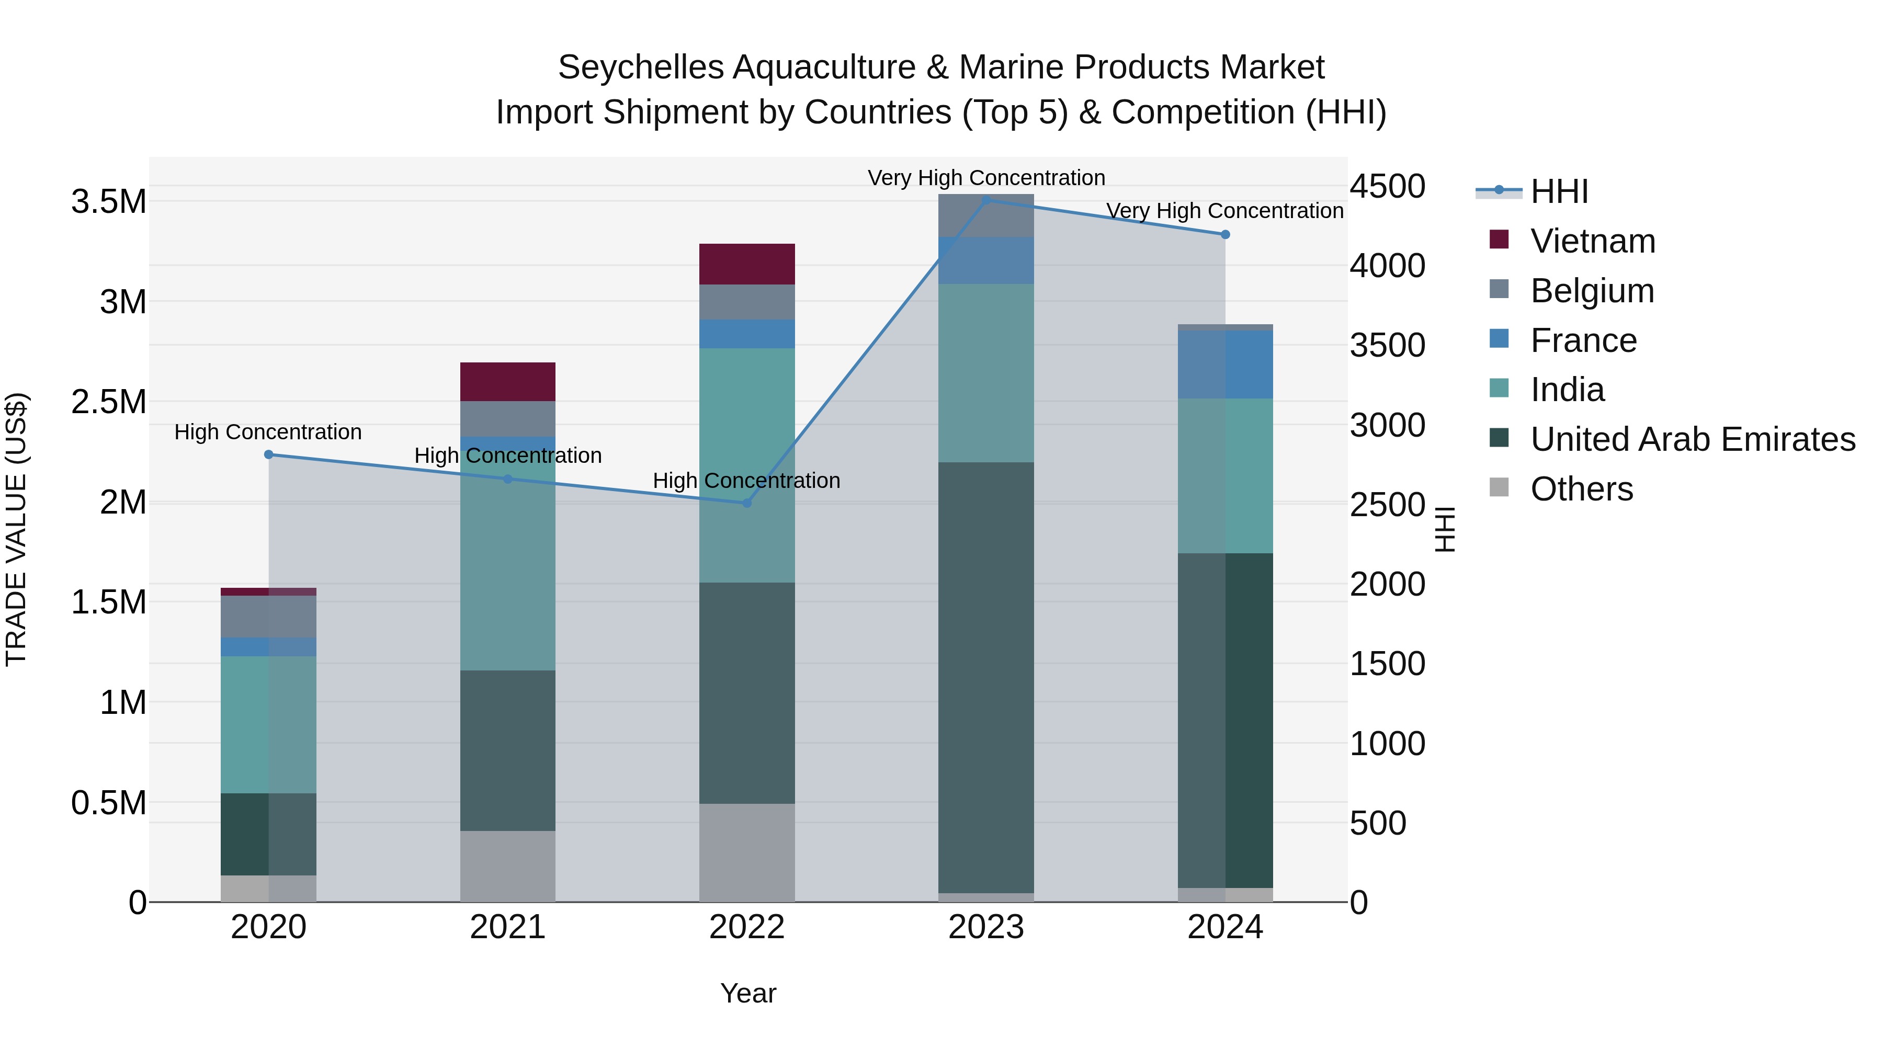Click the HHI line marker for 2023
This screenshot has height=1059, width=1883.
tap(986, 200)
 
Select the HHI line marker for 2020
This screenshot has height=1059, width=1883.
tap(268, 454)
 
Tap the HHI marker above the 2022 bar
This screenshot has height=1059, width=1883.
tap(747, 503)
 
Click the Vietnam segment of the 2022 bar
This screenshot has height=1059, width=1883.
tap(747, 264)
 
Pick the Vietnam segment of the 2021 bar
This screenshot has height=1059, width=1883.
tap(507, 382)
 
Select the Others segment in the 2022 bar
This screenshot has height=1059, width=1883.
tap(747, 852)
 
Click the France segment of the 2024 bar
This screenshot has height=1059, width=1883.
tap(1225, 364)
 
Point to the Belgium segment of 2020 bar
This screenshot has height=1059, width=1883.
tap(268, 616)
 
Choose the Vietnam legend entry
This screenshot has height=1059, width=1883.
tap(1592, 241)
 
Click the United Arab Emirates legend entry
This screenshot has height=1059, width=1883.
tap(1692, 439)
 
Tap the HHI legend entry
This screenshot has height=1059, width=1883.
tap(1559, 191)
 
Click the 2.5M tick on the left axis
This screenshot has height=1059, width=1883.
tap(109, 402)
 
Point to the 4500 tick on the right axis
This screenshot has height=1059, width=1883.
tap(1387, 186)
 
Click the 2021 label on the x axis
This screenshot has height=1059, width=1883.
tap(507, 927)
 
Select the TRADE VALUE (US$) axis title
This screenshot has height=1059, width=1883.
tap(16, 529)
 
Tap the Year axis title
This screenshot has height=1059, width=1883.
tap(748, 993)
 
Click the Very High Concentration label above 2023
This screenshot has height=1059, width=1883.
tap(986, 178)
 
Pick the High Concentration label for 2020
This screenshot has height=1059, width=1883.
tap(268, 432)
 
